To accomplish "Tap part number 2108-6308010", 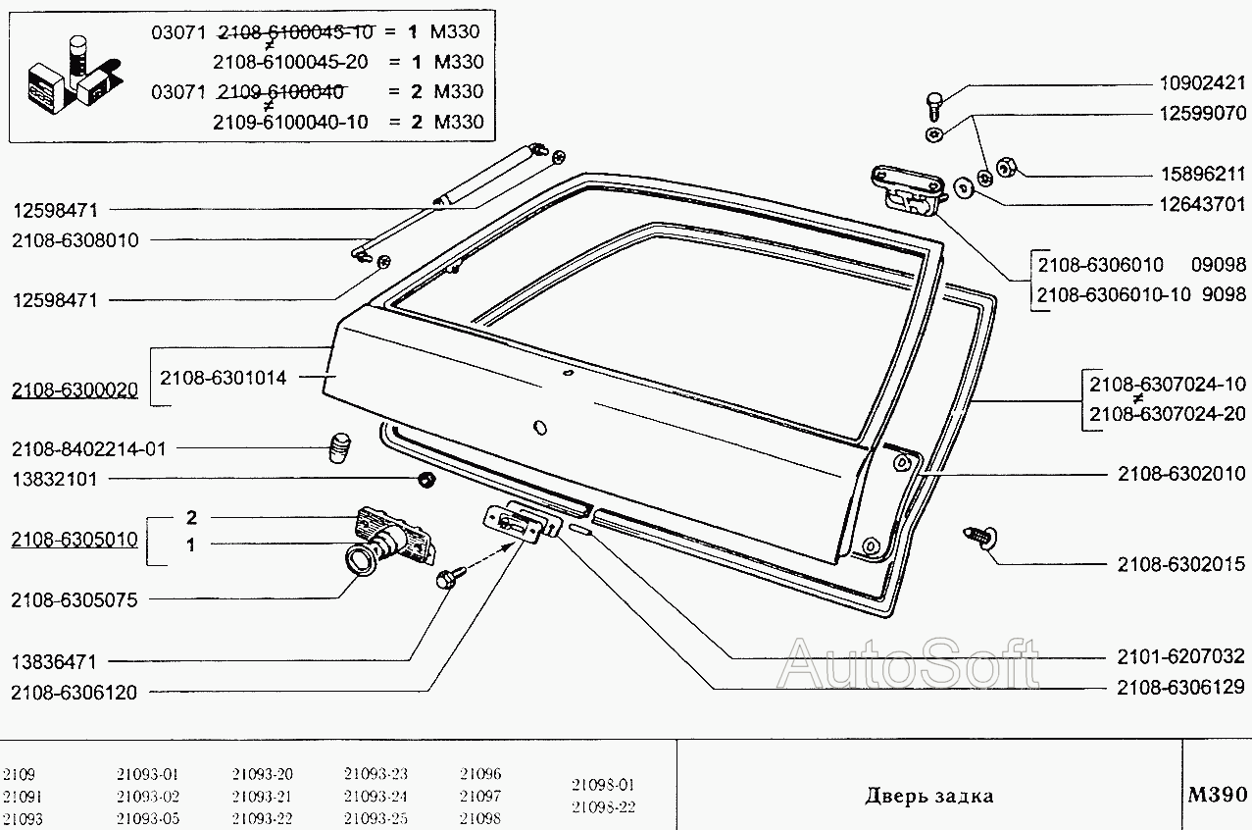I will (75, 239).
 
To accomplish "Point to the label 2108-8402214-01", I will (89, 449).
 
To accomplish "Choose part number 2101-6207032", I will (1180, 656).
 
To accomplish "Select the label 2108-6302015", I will (1180, 564).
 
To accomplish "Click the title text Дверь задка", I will (928, 796).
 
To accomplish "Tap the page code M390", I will (1216, 794).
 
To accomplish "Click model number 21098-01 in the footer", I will (603, 785).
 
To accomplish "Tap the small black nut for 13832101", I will (426, 480).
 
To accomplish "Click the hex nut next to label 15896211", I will (1005, 168).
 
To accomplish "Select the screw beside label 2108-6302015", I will (980, 536).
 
